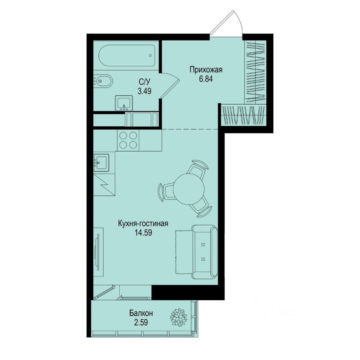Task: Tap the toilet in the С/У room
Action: (x=102, y=81)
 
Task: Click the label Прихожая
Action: (x=206, y=69)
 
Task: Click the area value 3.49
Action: (x=144, y=91)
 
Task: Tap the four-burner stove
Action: (x=127, y=140)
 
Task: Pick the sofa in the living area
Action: (x=204, y=252)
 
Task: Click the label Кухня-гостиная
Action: (x=143, y=223)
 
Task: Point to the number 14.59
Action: (x=143, y=232)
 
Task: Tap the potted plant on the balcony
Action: (x=178, y=317)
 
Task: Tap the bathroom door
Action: (x=170, y=85)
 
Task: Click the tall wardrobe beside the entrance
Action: (x=255, y=71)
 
